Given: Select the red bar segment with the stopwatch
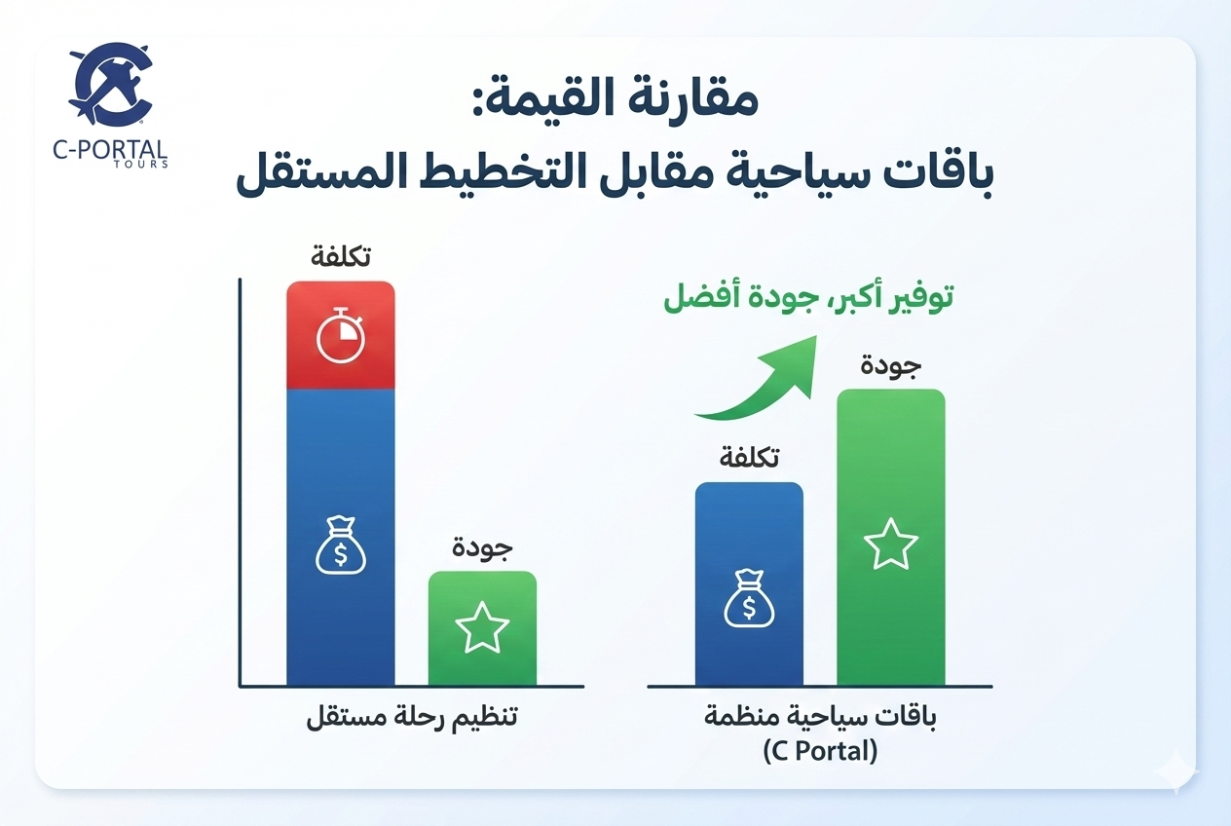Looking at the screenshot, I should point(341,335).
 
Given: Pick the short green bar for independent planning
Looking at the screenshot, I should point(482,627).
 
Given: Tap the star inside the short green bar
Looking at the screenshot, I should point(482,628).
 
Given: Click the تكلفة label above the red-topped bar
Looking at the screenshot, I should point(341,258).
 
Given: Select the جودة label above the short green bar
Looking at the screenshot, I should point(482,548).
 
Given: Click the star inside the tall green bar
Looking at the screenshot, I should point(891,544).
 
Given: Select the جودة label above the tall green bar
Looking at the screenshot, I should point(891,367).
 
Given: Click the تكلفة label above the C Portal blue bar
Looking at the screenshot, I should point(749,458).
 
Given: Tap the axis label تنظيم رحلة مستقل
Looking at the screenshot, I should point(411,720).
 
